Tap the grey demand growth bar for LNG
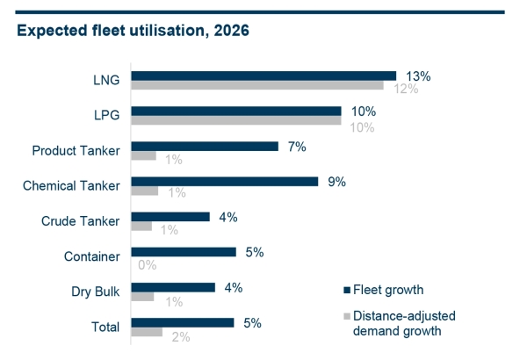257,86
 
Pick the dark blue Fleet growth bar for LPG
236,112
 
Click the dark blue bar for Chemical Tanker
225,182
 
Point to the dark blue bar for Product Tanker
205,147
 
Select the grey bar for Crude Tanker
141,227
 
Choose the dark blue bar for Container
184,252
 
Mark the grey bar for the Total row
147,332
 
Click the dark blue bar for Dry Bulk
173,287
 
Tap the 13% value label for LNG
416,76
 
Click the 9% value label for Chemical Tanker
336,182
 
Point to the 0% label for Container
147,264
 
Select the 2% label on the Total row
180,335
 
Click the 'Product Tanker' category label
76,151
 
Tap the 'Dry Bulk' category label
97,292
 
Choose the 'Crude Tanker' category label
81,221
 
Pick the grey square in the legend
347,314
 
